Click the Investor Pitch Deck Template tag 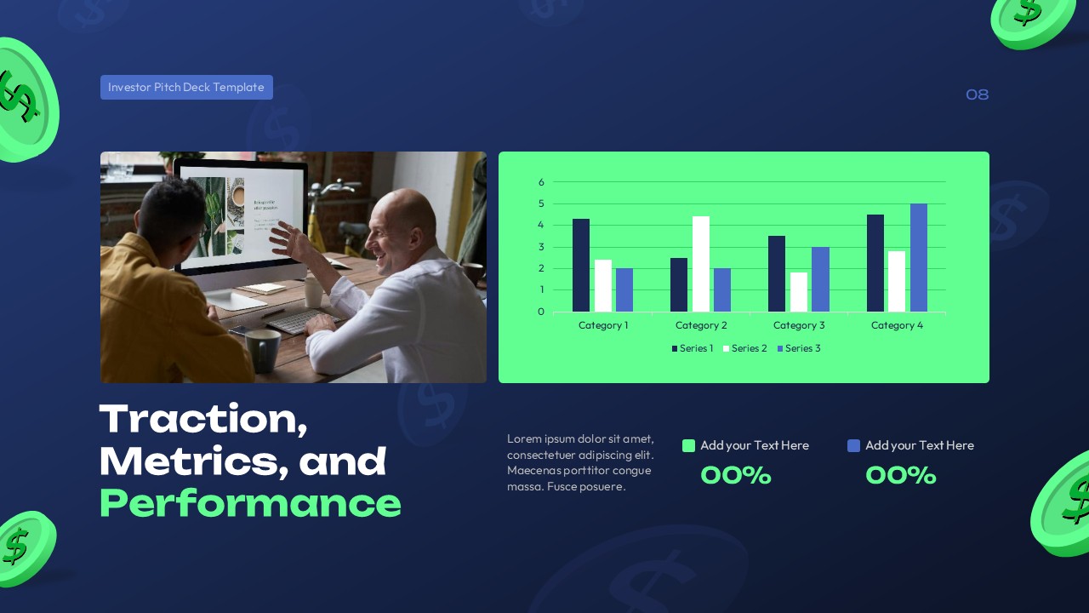pyautogui.click(x=186, y=88)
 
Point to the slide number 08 pyautogui.click(x=977, y=95)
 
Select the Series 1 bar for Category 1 pyautogui.click(x=581, y=265)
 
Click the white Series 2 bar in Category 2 pyautogui.click(x=701, y=264)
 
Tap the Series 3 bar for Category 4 pyautogui.click(x=919, y=257)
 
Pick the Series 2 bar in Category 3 pyautogui.click(x=799, y=292)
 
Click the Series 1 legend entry pyautogui.click(x=693, y=348)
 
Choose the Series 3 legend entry pyautogui.click(x=799, y=348)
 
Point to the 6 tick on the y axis pyautogui.click(x=541, y=182)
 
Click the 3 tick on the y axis pyautogui.click(x=541, y=247)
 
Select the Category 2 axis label pyautogui.click(x=701, y=325)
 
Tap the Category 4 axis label pyautogui.click(x=897, y=325)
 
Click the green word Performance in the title pyautogui.click(x=250, y=503)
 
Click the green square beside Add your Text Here pyautogui.click(x=689, y=445)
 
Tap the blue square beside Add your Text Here pyautogui.click(x=854, y=445)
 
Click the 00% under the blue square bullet pyautogui.click(x=900, y=475)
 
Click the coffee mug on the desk pyautogui.click(x=263, y=349)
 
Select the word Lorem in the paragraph pyautogui.click(x=523, y=438)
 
